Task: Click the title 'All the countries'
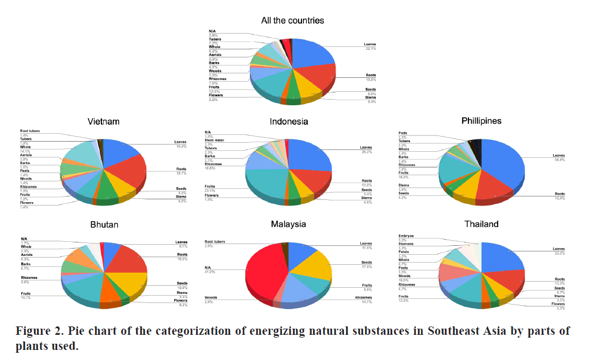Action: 292,21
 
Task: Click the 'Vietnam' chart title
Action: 103,121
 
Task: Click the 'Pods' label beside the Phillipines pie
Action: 403,133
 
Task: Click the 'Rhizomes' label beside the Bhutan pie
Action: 30,278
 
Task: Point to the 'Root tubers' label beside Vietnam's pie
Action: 31,130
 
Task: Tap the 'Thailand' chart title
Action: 481,225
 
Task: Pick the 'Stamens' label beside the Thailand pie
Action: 407,244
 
